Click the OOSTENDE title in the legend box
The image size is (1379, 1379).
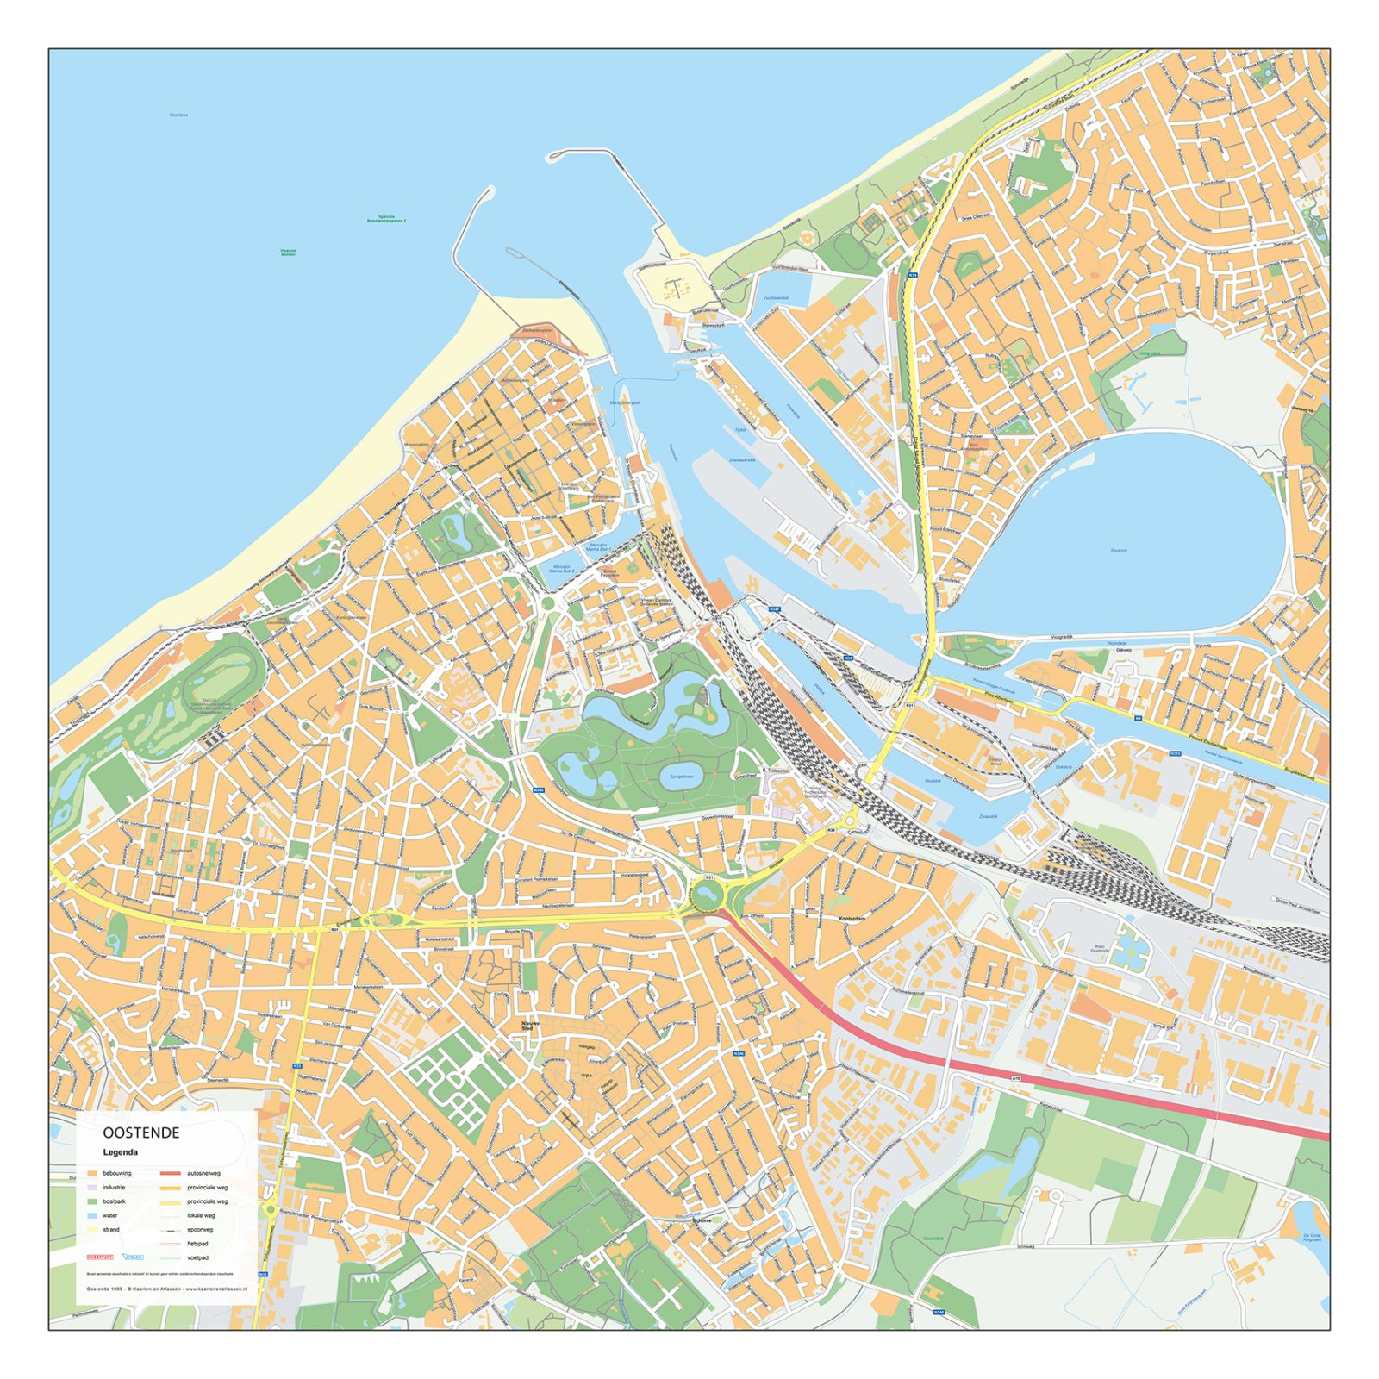tap(141, 1133)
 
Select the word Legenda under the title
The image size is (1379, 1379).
tap(121, 1152)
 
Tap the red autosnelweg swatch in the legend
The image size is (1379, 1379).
tap(171, 1173)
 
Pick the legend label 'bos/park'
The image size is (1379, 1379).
tap(114, 1201)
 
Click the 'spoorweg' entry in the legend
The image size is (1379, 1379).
tap(200, 1230)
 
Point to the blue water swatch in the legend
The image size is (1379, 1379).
tap(92, 1215)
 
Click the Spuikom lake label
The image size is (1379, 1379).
tap(1119, 550)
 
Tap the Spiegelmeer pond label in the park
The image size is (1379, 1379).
tap(682, 776)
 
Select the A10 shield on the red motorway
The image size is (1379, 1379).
tap(1016, 1077)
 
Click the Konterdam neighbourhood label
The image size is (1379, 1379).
tap(852, 919)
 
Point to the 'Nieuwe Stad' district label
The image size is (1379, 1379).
tap(528, 1026)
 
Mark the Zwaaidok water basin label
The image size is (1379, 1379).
tap(988, 816)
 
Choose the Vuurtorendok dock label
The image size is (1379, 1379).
tap(776, 298)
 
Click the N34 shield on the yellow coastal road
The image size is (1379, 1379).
tap(913, 276)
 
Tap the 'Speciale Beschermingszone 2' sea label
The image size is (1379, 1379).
tap(386, 219)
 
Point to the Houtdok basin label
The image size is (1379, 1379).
tap(933, 781)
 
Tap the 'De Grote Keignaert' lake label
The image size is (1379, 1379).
tap(1312, 1238)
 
